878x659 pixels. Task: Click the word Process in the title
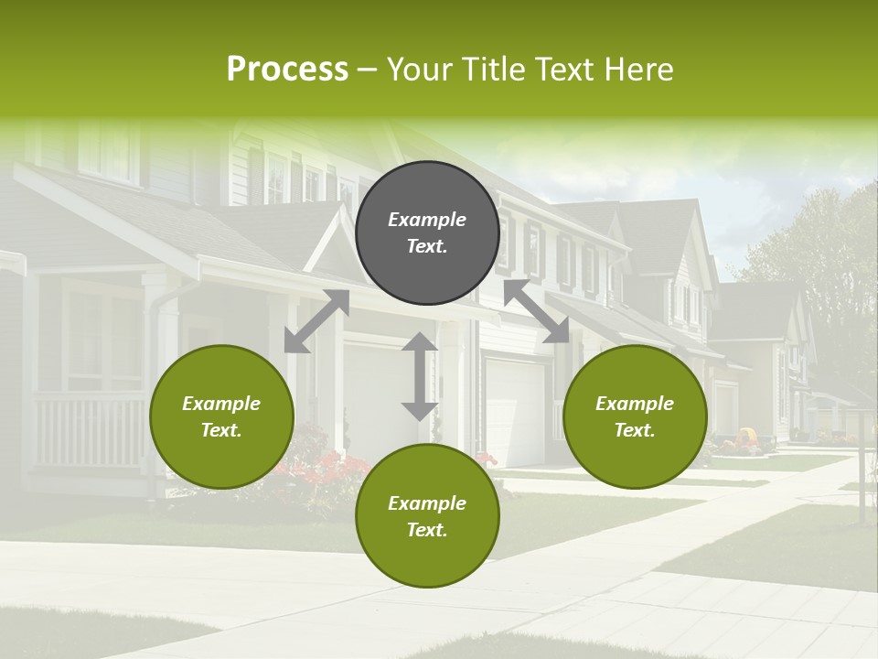pos(287,70)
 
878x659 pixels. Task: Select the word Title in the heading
pos(495,70)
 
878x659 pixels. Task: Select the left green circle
pos(221,416)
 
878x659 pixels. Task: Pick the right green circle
pos(635,416)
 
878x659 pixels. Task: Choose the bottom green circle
pos(427,516)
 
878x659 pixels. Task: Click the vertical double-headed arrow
pos(420,376)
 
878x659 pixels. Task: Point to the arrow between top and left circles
pos(316,321)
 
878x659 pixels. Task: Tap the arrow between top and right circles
pos(536,312)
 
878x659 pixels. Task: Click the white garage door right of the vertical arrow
pos(515,412)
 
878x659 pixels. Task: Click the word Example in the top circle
pos(427,220)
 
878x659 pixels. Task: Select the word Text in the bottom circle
pos(425,530)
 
